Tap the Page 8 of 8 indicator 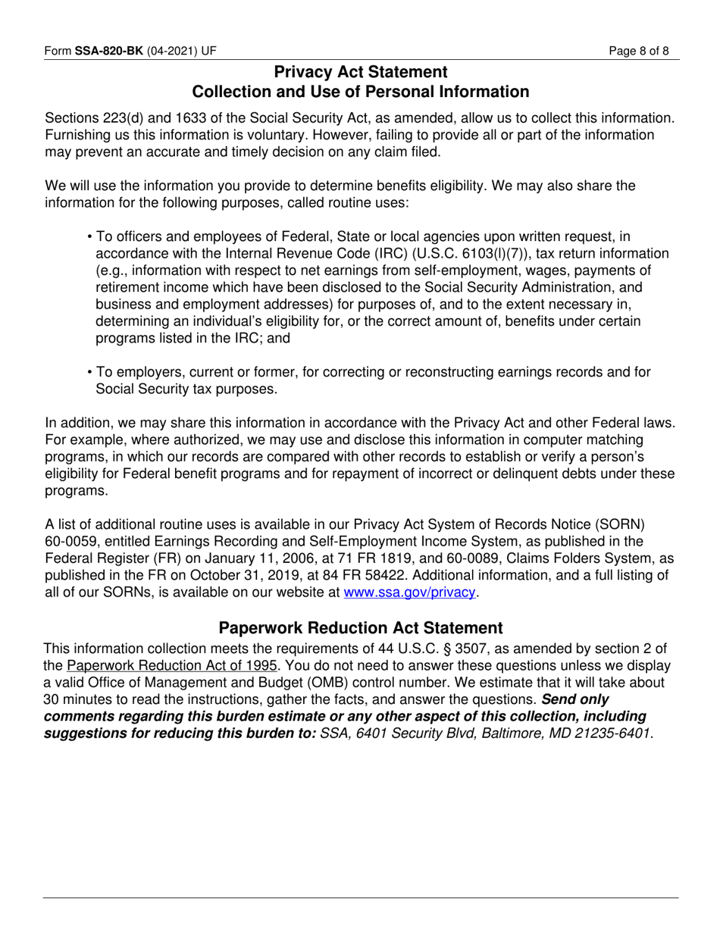(x=643, y=52)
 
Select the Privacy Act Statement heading (x=360, y=72)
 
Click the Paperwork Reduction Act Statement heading (x=360, y=628)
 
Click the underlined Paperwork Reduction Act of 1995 (x=172, y=665)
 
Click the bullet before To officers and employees (x=90, y=236)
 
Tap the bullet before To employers (x=90, y=372)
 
